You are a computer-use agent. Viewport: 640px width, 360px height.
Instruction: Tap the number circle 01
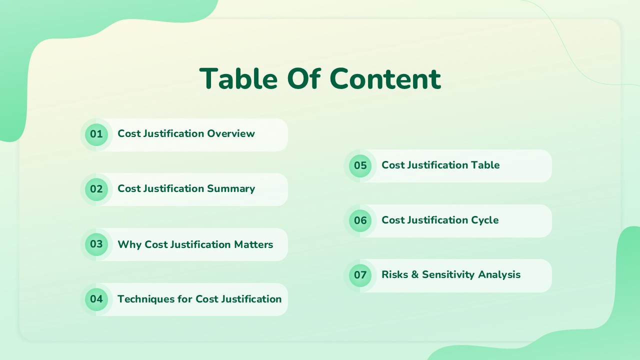tap(96, 134)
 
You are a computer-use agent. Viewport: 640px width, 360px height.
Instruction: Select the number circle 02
tap(96, 189)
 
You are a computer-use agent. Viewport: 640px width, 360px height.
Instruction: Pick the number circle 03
tap(96, 244)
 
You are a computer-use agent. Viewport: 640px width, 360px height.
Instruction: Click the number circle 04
tap(96, 299)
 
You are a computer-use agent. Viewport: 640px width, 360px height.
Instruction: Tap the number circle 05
tap(360, 165)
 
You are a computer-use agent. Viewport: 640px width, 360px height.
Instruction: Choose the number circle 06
tap(360, 220)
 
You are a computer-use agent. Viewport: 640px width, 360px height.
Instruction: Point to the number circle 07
tap(360, 275)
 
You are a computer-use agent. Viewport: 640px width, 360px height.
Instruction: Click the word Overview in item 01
tap(231, 133)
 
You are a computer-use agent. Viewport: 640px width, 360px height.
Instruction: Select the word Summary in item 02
tap(231, 188)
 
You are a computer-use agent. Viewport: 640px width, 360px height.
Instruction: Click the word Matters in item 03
tap(253, 244)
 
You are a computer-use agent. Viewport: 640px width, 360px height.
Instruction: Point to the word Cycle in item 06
tap(485, 220)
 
